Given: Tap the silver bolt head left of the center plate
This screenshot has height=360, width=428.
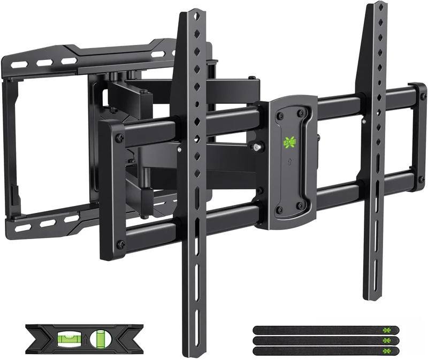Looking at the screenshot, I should [x=257, y=146].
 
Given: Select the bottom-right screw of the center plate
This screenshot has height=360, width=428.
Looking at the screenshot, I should [x=301, y=205].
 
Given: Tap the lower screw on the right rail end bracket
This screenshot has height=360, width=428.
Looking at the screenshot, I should [x=421, y=178].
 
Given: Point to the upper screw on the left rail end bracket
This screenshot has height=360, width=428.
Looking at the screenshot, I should [x=119, y=137].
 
